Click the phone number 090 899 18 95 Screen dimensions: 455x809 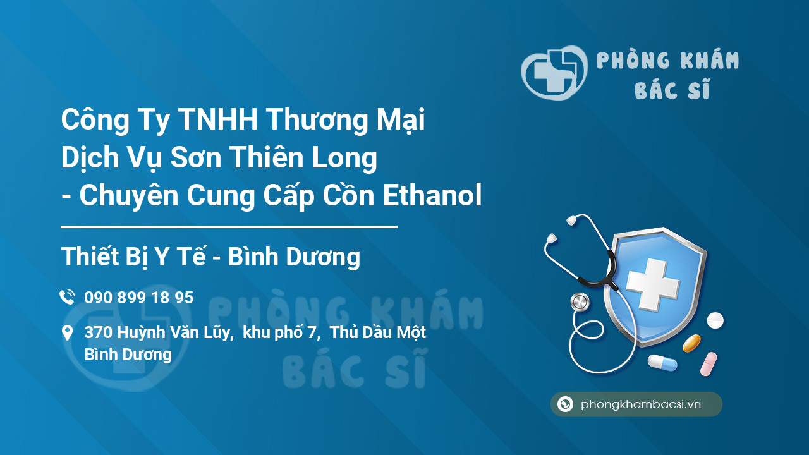[x=138, y=298]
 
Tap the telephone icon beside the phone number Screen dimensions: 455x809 [x=67, y=297]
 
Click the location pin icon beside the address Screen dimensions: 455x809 [x=67, y=333]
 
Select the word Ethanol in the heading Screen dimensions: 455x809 [x=432, y=195]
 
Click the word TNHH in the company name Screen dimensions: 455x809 [x=217, y=120]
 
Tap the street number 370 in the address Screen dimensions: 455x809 [x=98, y=333]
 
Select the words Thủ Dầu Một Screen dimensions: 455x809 [x=378, y=333]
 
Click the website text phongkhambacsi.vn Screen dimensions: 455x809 [x=641, y=404]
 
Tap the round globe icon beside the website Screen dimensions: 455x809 [x=565, y=404]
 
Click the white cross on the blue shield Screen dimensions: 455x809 [x=653, y=284]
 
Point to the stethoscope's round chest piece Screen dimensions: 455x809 [x=580, y=302]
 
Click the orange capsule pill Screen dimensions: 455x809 [x=691, y=343]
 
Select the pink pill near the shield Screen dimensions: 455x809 [x=709, y=363]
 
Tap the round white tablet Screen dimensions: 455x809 [x=715, y=320]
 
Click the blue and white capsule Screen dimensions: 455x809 [x=662, y=363]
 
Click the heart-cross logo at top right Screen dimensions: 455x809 [x=554, y=73]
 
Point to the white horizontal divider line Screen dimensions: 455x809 [x=229, y=226]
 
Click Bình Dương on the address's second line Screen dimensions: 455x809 [x=128, y=355]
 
